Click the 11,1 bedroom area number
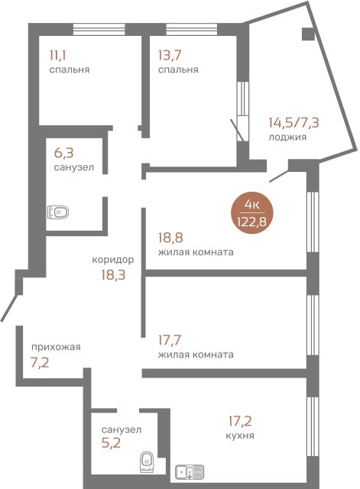tap(58, 56)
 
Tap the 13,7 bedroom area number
tap(170, 56)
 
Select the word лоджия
tap(287, 137)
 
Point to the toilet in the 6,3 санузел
tap(58, 212)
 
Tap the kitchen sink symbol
tap(190, 472)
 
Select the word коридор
tap(113, 260)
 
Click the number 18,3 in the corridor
tap(113, 275)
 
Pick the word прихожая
tap(56, 347)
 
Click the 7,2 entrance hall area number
tap(40, 363)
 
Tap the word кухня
tap(240, 436)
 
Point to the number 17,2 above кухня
tap(240, 421)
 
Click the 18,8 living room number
tap(170, 238)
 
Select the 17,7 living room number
tap(170, 340)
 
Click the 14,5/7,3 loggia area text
tap(294, 122)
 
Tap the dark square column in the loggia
tap(307, 34)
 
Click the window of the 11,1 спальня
tap(99, 29)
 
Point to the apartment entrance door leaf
tap(8, 306)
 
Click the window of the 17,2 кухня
tap(313, 427)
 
